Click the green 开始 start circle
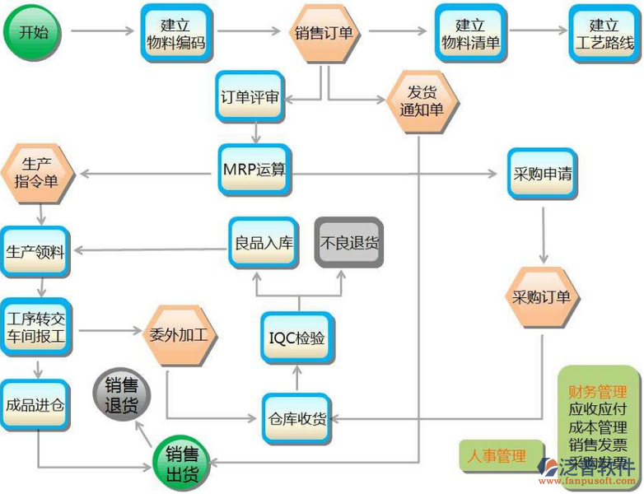(x=33, y=32)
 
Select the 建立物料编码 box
(x=176, y=34)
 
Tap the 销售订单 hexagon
(x=324, y=34)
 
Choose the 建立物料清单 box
(x=470, y=34)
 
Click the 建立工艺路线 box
(x=604, y=34)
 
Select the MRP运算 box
(x=254, y=170)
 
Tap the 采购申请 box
(x=542, y=175)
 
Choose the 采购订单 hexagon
(x=541, y=297)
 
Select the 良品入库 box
(x=260, y=244)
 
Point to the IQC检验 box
(x=297, y=338)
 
